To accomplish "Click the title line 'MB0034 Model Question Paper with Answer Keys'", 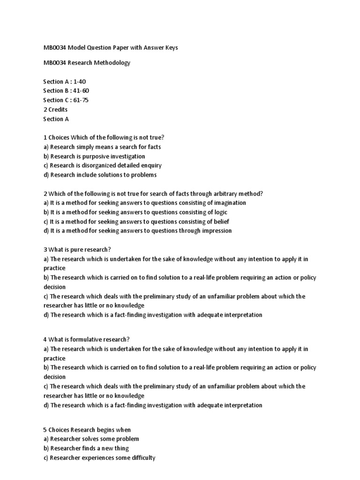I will coord(111,48).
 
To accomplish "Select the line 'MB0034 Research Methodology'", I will coord(87,63).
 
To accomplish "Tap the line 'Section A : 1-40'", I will coord(65,82).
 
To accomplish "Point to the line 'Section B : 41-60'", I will coord(66,91).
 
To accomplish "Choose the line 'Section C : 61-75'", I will coord(66,100).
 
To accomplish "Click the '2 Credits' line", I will coord(55,110).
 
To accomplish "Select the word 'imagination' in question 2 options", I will coord(230,203).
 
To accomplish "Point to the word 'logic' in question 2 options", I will coord(220,212).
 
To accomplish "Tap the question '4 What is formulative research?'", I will coord(86,339).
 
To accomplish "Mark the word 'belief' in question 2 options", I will coord(221,222).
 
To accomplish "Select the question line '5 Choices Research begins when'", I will coord(87,430).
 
